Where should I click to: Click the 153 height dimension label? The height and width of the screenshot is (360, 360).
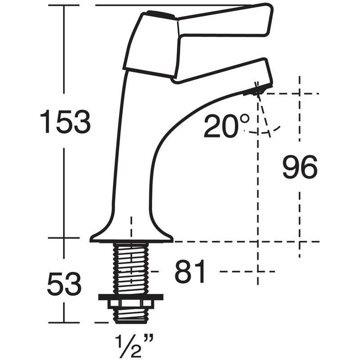[x=65, y=122]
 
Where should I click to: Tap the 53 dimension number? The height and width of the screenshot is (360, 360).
[x=64, y=283]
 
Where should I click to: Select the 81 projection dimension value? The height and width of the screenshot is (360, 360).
[x=190, y=272]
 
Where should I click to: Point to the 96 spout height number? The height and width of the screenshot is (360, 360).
[x=300, y=167]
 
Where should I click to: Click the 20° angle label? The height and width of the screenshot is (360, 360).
[x=226, y=126]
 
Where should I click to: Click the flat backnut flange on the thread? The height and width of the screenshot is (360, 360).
[x=130, y=297]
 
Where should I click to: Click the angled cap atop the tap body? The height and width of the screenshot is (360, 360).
[x=151, y=45]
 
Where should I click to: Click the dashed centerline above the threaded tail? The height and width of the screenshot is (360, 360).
[x=131, y=225]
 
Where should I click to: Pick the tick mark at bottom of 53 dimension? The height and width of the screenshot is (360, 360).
[x=64, y=322]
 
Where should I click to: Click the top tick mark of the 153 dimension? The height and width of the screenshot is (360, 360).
[x=64, y=5]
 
